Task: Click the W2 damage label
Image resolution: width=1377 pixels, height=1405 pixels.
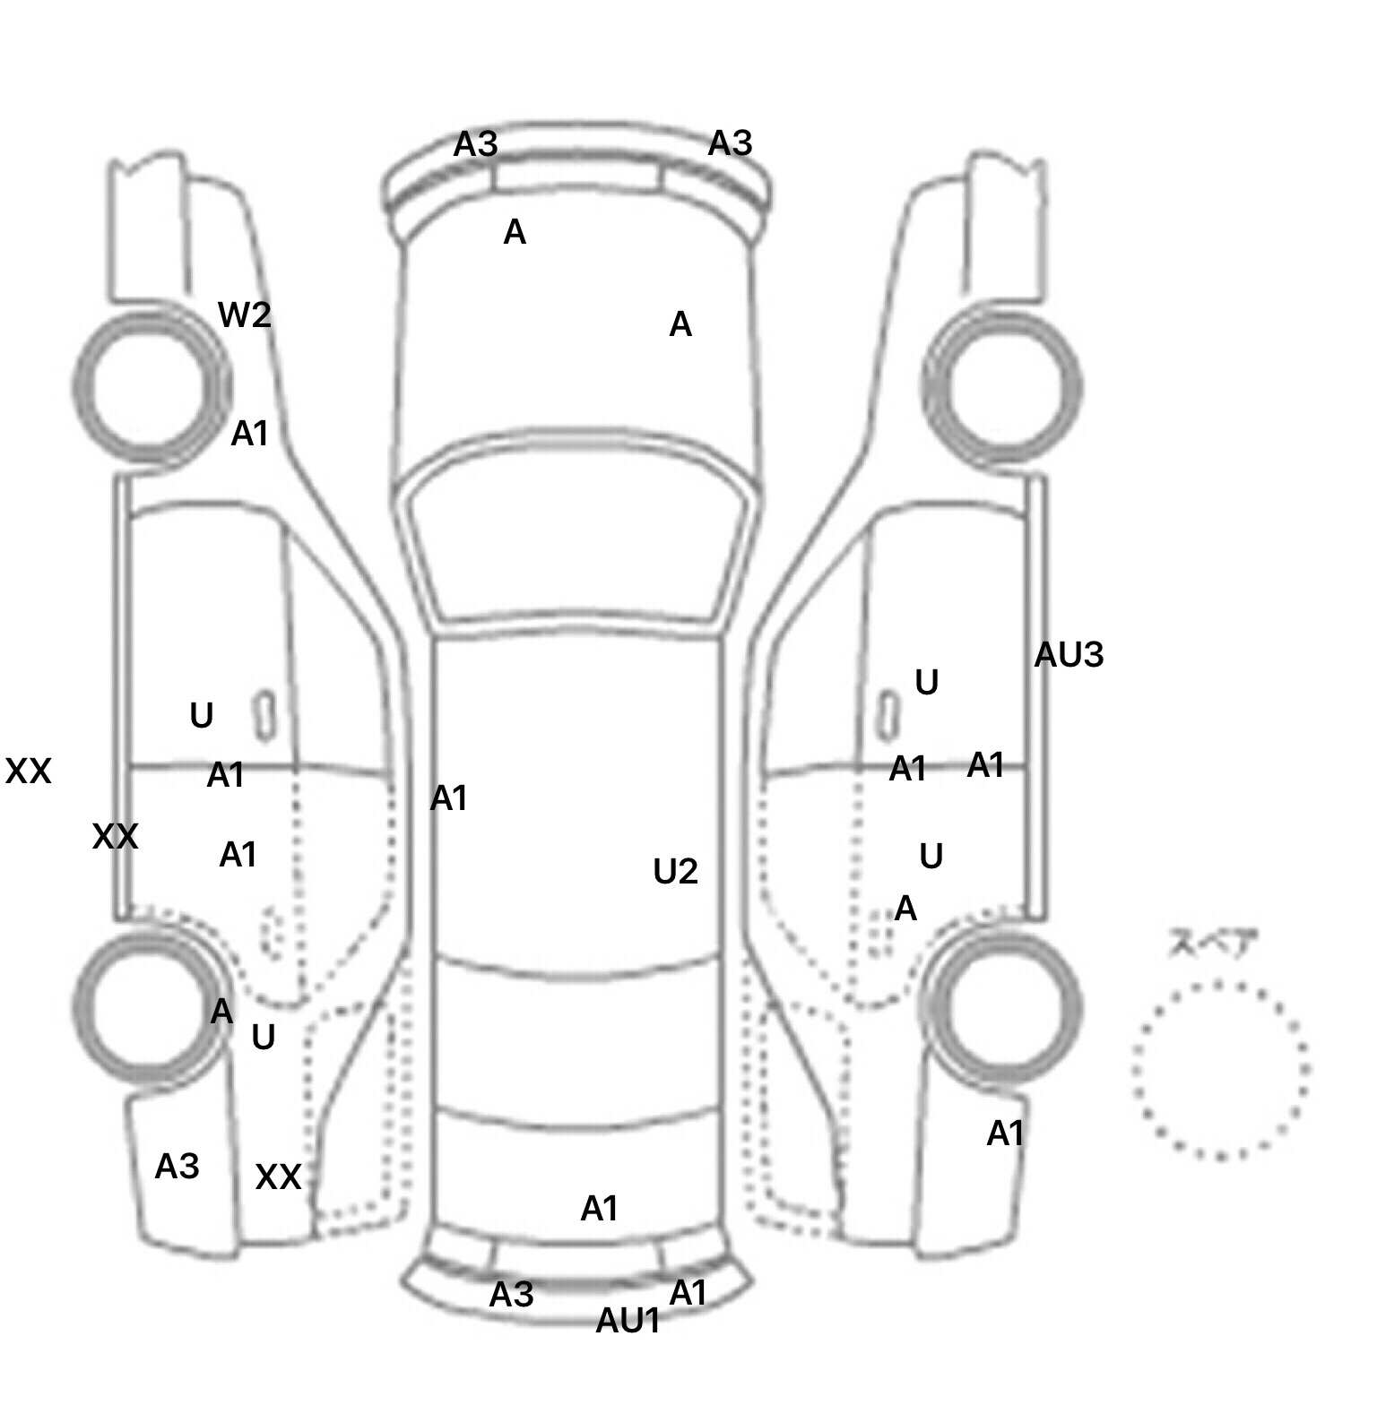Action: pos(245,315)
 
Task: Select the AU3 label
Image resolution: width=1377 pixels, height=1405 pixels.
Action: pos(1069,655)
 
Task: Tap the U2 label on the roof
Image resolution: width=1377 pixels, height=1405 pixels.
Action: pos(675,871)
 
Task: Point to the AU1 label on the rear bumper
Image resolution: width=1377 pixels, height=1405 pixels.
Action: pos(628,1320)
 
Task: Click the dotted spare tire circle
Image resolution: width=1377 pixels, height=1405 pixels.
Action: pos(1220,1070)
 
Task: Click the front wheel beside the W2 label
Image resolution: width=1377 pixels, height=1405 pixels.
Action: pos(150,387)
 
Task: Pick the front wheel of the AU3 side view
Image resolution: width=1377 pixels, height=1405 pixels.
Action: pos(1002,387)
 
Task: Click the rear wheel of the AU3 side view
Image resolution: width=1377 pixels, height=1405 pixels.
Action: pos(1002,1005)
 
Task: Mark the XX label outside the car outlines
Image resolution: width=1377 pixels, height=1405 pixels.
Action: pos(28,771)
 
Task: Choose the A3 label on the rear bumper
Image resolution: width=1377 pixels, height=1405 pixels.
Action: pos(512,1294)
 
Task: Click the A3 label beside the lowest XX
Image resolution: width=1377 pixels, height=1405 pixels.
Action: pos(177,1166)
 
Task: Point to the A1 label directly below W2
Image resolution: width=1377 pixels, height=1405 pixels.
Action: pos(250,434)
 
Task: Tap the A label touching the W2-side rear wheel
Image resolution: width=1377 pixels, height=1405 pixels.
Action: pos(221,1013)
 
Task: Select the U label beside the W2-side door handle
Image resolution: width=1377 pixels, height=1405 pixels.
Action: pos(202,716)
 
